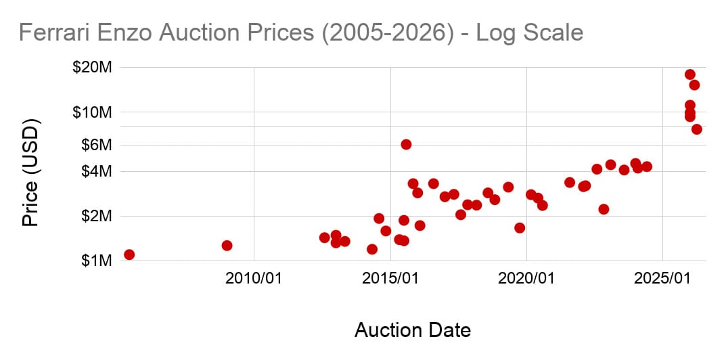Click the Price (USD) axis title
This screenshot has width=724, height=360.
pyautogui.click(x=30, y=173)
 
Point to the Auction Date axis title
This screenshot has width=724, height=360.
pyautogui.click(x=413, y=330)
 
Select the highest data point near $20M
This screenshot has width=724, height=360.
pyautogui.click(x=689, y=74)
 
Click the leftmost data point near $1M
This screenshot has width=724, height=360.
pyautogui.click(x=129, y=254)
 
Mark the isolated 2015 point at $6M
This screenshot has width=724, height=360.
pyautogui.click(x=406, y=144)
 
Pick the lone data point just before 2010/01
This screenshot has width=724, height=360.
pyautogui.click(x=227, y=245)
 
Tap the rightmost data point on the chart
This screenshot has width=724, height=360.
pyautogui.click(x=696, y=129)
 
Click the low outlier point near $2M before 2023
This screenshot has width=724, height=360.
pyautogui.click(x=604, y=209)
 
